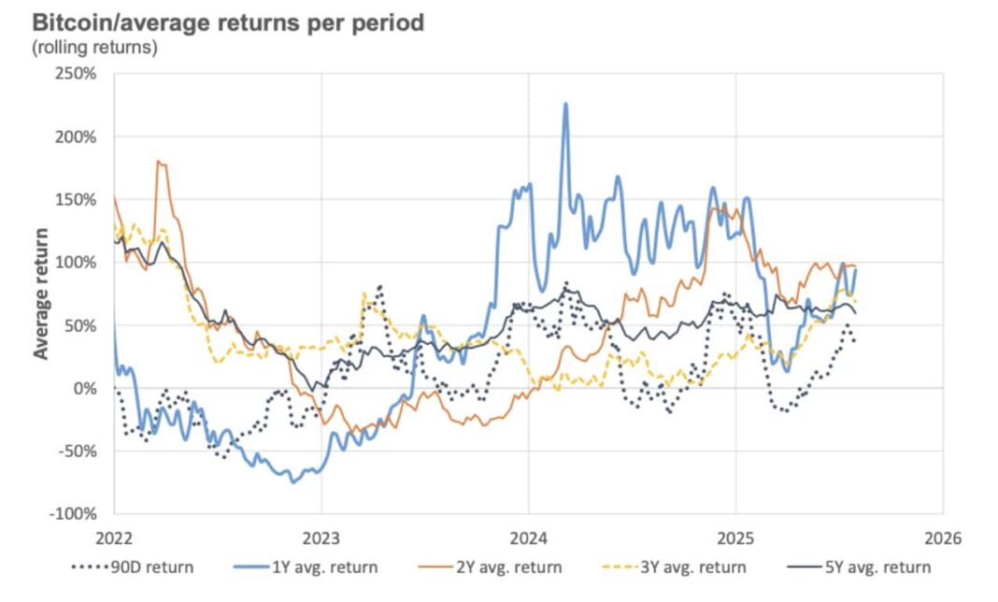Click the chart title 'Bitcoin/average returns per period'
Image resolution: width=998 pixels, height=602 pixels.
(x=228, y=21)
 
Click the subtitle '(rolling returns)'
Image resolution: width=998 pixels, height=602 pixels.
(x=93, y=47)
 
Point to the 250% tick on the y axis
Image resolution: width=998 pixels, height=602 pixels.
(x=77, y=73)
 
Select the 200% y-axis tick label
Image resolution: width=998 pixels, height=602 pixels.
(x=77, y=136)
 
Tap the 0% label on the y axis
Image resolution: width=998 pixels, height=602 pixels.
(x=86, y=388)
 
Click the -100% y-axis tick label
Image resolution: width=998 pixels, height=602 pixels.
(x=73, y=514)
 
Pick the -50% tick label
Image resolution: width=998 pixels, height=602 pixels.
(x=77, y=451)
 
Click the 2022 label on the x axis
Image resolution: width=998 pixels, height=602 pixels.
(x=114, y=539)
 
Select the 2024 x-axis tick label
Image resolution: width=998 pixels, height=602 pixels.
(x=528, y=539)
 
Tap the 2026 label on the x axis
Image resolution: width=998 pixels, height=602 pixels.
(x=941, y=539)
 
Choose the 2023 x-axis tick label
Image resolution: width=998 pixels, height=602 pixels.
(x=321, y=539)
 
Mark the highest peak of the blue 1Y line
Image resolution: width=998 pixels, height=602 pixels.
(x=565, y=104)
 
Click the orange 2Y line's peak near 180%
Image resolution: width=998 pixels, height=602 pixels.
(x=159, y=162)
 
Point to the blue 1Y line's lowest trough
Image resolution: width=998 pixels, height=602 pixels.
(x=292, y=481)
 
